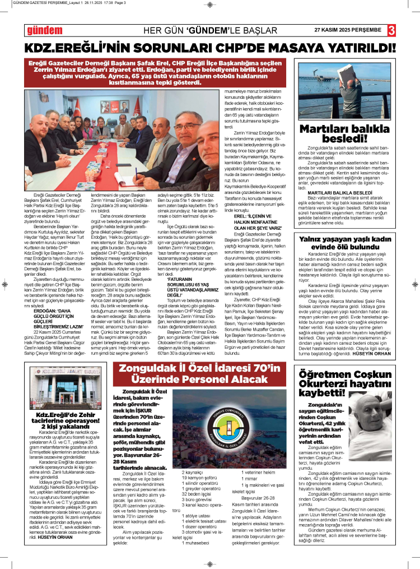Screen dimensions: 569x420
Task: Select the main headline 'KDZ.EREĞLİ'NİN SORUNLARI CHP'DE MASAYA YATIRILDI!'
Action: [x=209, y=47]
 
